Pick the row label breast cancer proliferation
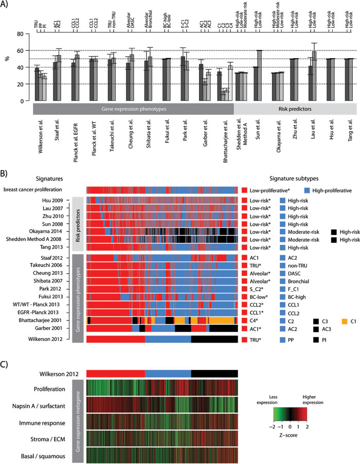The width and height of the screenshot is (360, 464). coord(42,189)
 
